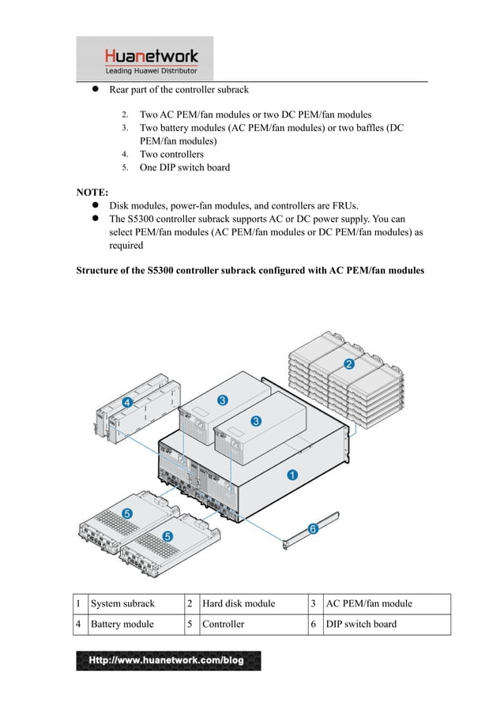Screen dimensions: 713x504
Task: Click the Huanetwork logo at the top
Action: click(x=151, y=56)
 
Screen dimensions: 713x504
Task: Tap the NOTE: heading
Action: click(x=92, y=192)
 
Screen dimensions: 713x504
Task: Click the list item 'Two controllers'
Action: click(x=171, y=154)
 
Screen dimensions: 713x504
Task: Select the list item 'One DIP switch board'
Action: click(x=184, y=167)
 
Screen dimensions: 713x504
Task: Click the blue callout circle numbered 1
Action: click(x=291, y=475)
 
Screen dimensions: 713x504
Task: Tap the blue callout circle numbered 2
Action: click(x=348, y=364)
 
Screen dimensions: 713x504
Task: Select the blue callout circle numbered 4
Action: click(x=127, y=402)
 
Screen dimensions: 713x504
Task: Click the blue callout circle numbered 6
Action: click(x=313, y=528)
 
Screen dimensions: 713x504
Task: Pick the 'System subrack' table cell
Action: click(x=122, y=604)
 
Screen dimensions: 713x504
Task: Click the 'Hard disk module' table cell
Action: click(x=239, y=604)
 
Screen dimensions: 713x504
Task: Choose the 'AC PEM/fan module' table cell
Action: click(x=369, y=604)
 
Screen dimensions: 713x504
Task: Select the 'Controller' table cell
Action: click(x=224, y=624)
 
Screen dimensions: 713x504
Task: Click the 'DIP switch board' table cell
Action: click(x=361, y=624)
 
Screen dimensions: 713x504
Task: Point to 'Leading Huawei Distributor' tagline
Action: click(x=151, y=71)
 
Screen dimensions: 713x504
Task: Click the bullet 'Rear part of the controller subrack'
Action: click(x=179, y=90)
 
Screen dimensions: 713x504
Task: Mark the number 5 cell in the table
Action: click(x=190, y=624)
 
